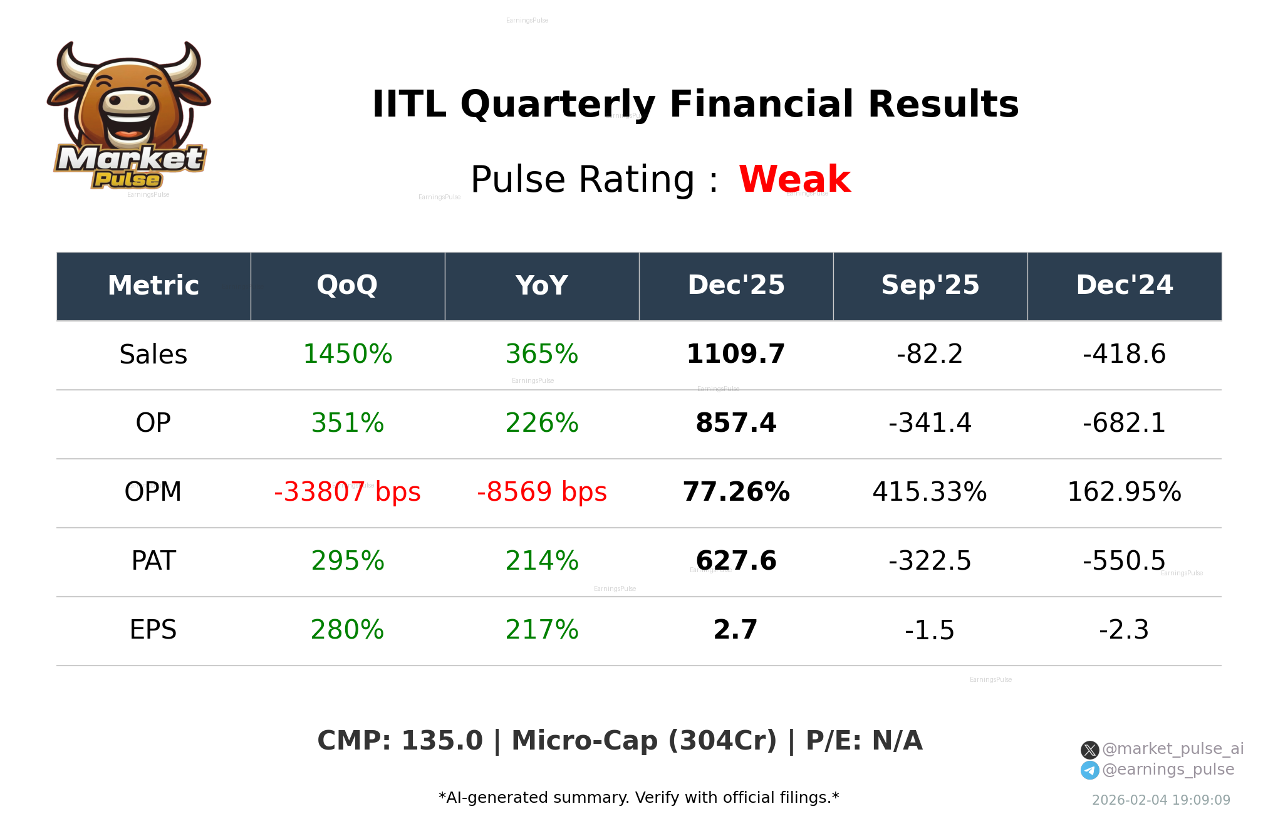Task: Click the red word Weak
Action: coord(794,179)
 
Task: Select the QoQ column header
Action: coord(347,286)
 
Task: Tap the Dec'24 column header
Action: coord(1124,286)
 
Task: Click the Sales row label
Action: coord(153,355)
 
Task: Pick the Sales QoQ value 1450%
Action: coord(347,355)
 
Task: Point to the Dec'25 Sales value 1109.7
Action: coord(735,355)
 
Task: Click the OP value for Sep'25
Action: coord(930,424)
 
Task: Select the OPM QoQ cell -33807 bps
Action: coord(347,493)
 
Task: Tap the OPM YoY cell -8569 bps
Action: coord(541,493)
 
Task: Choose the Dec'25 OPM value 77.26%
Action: coord(735,493)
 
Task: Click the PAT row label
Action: coord(153,562)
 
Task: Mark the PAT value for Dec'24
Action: coord(1124,562)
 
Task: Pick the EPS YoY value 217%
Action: coord(541,630)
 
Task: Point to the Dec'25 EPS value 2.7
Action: coord(735,630)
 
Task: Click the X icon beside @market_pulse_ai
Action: coord(1089,750)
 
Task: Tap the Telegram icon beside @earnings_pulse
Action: coord(1089,770)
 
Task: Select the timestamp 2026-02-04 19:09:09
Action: coord(1161,800)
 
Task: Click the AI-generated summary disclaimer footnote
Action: coord(638,798)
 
